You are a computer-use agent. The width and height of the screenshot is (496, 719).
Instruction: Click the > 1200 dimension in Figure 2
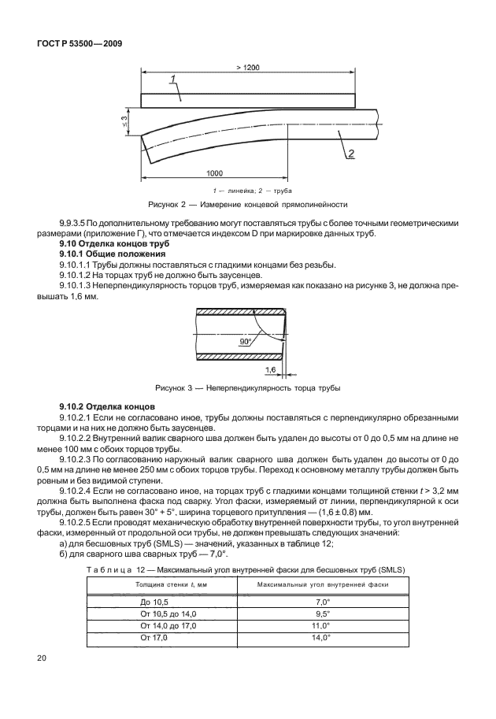point(248,69)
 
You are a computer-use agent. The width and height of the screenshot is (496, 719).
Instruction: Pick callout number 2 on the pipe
point(350,153)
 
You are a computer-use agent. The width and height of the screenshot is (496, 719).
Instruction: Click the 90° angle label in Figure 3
point(245,343)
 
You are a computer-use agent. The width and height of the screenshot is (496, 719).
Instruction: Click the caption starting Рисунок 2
point(248,204)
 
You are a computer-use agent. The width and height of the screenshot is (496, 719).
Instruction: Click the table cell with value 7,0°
point(321,602)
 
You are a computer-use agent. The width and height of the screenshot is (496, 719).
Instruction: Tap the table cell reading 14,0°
point(320,636)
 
